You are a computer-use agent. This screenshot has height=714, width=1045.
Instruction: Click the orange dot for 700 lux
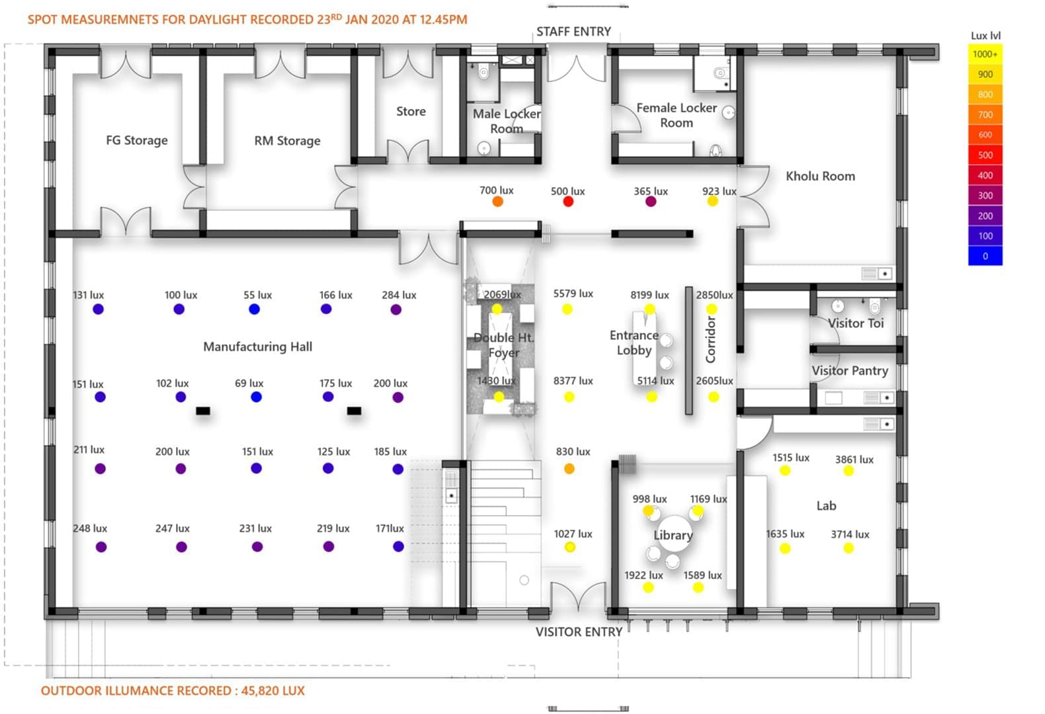(x=498, y=202)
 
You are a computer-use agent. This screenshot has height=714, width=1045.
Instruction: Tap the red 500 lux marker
(x=567, y=202)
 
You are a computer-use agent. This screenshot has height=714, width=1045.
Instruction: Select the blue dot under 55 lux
(x=254, y=309)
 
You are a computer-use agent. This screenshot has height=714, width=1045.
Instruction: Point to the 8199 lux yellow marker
(x=650, y=309)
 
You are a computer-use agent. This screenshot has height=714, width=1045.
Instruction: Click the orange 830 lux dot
(x=569, y=469)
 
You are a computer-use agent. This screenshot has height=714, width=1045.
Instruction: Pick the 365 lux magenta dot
(x=651, y=202)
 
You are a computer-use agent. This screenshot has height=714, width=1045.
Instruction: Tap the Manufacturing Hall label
(x=257, y=347)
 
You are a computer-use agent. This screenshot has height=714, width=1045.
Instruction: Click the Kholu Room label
(x=820, y=177)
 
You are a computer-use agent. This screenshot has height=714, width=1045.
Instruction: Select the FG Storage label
(x=137, y=140)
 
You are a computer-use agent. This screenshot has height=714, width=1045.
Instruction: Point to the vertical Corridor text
(x=710, y=340)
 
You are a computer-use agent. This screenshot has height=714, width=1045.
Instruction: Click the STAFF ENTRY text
(x=573, y=32)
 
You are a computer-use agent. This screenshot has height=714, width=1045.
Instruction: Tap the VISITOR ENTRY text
(x=579, y=632)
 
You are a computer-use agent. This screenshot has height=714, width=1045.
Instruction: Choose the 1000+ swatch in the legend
(x=985, y=54)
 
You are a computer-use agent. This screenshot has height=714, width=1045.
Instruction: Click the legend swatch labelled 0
(x=985, y=256)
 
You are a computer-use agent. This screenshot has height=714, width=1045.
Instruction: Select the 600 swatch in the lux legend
(x=985, y=135)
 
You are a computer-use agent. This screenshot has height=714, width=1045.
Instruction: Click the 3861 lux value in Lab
(x=855, y=459)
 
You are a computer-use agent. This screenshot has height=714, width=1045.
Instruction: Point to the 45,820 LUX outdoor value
(x=273, y=691)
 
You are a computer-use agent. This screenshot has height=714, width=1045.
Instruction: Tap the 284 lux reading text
(x=399, y=296)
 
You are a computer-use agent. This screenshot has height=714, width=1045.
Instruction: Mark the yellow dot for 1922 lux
(x=648, y=587)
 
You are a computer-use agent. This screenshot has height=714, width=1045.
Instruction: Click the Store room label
(x=411, y=112)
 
